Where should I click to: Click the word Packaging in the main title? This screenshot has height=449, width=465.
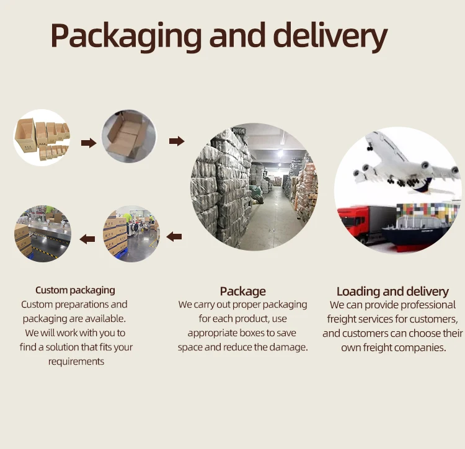click(x=126, y=37)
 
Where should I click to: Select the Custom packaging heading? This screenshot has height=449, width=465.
click(x=75, y=290)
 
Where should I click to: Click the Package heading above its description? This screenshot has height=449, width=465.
click(x=242, y=291)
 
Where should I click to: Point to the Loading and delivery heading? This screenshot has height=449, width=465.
click(x=392, y=291)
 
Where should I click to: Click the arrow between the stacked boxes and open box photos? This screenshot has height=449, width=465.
click(x=89, y=143)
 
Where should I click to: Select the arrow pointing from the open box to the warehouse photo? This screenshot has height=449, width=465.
click(x=177, y=141)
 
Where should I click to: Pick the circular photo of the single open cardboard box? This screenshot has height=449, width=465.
click(x=129, y=137)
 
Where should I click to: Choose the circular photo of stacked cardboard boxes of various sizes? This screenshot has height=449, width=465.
click(x=42, y=138)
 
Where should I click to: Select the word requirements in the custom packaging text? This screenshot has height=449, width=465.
click(x=76, y=361)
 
